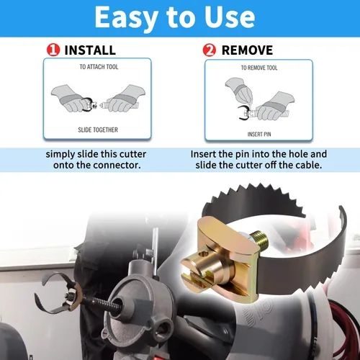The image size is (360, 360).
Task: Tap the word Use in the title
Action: (230, 17)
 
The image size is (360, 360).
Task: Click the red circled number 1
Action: (53, 50)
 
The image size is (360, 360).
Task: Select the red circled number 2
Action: (209, 50)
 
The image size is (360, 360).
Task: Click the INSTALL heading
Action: (90, 50)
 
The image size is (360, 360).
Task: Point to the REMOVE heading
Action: (247, 50)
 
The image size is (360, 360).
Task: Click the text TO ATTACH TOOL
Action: (99, 67)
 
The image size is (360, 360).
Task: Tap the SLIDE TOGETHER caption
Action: (98, 130)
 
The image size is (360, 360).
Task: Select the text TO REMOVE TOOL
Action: (259, 68)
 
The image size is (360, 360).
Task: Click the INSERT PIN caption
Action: (259, 134)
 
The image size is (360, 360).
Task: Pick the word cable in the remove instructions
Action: (308, 165)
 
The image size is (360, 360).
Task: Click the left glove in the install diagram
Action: (70, 99)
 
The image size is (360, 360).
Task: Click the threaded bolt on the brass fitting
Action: (259, 238)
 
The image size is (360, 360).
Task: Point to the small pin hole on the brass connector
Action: (204, 253)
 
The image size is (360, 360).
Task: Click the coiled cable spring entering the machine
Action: (103, 303)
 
